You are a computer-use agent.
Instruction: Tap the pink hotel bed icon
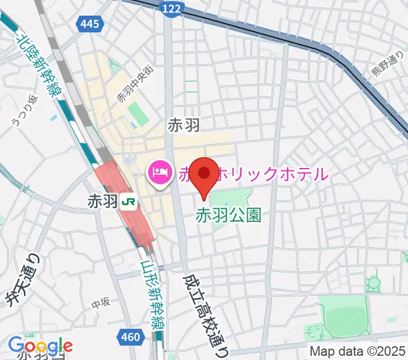click(159, 173)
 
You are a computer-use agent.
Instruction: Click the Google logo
click(40, 346)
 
